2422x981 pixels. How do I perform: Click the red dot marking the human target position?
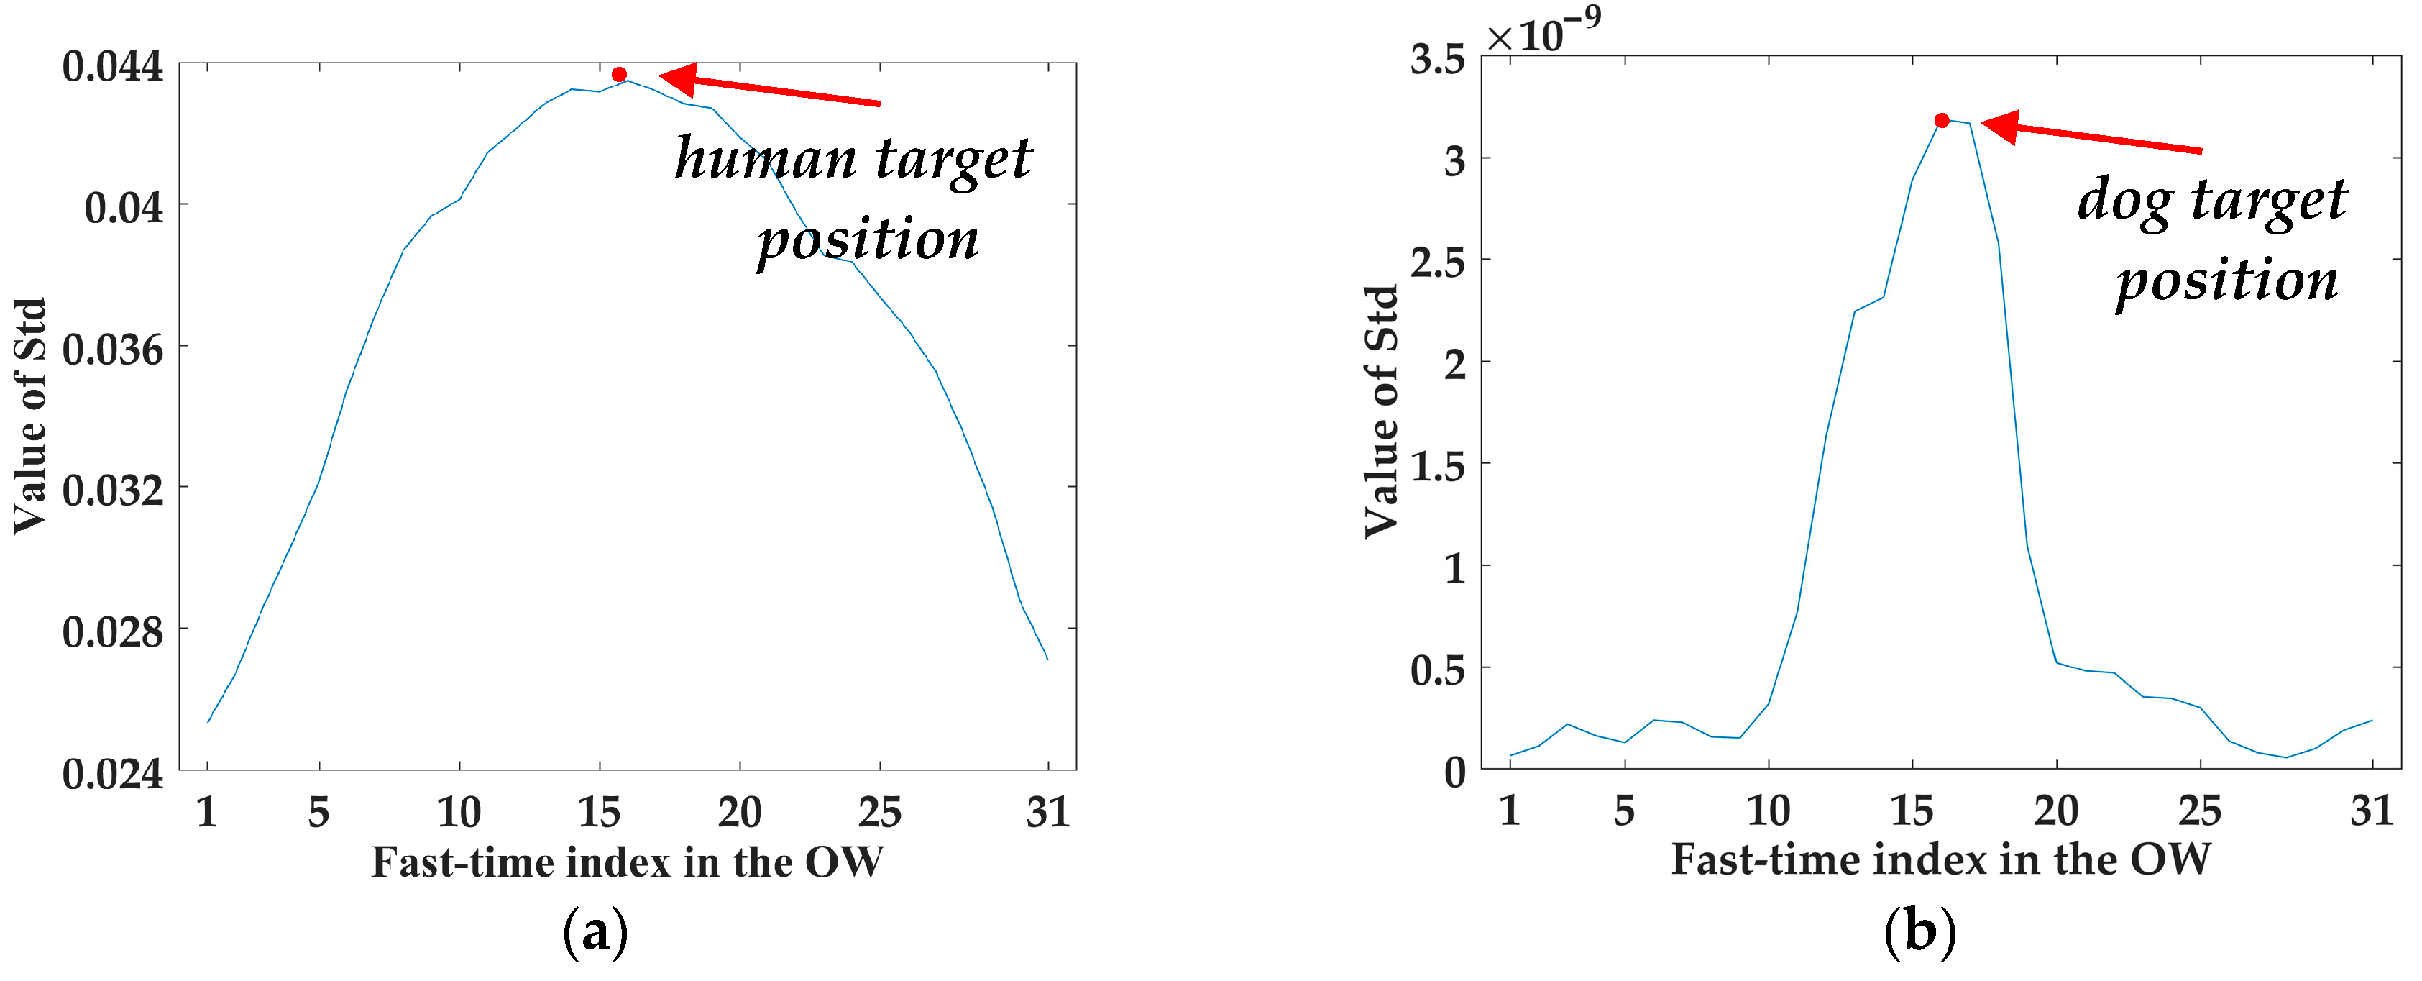tap(619, 74)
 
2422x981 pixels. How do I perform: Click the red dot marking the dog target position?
tap(1942, 120)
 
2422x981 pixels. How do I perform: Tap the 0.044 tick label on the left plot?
tap(113, 67)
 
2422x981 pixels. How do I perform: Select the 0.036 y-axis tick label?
tap(113, 350)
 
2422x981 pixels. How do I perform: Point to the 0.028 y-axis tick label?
tap(113, 632)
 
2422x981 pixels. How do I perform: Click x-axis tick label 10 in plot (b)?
tap(1768, 810)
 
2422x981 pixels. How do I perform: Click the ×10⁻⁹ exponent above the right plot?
tap(1543, 33)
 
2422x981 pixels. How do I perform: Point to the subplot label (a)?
tap(595, 932)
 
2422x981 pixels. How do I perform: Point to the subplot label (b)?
tap(1920, 931)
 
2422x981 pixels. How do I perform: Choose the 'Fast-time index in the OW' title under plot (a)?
tap(627, 862)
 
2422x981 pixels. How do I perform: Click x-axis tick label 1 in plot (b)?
tap(1510, 810)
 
